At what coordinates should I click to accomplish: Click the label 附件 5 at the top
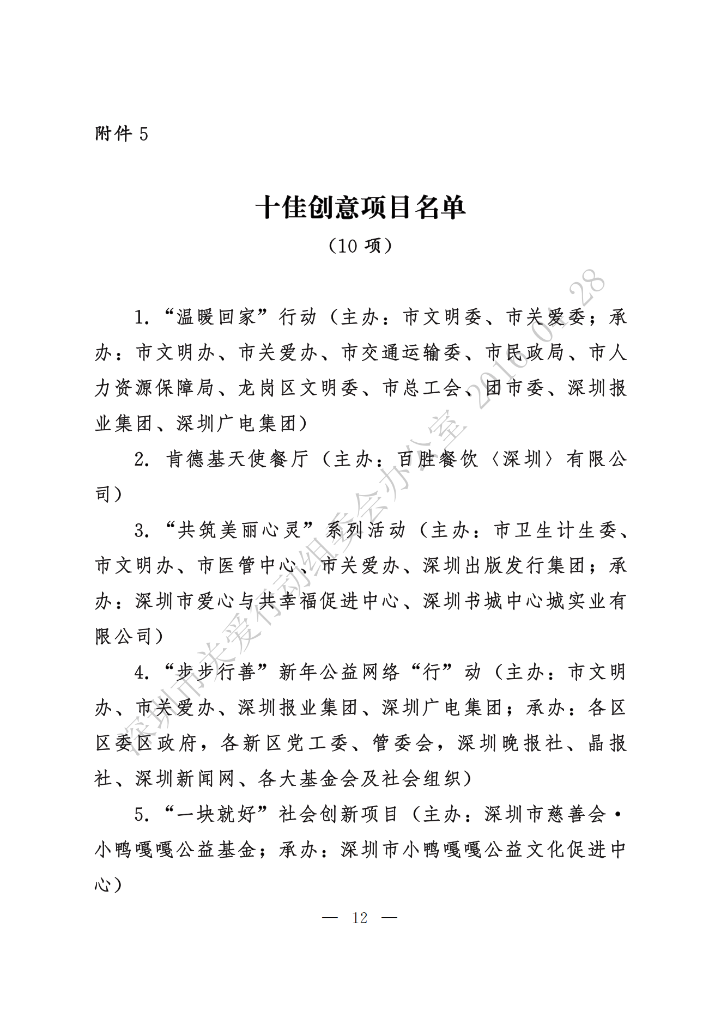(121, 133)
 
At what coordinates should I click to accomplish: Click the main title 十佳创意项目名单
(360, 208)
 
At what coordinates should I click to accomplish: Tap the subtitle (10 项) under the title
(360, 246)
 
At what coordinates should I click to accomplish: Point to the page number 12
(360, 918)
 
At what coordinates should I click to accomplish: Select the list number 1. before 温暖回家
(142, 318)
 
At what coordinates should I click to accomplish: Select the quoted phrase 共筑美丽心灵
(240, 530)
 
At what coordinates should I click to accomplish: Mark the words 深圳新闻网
(185, 779)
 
